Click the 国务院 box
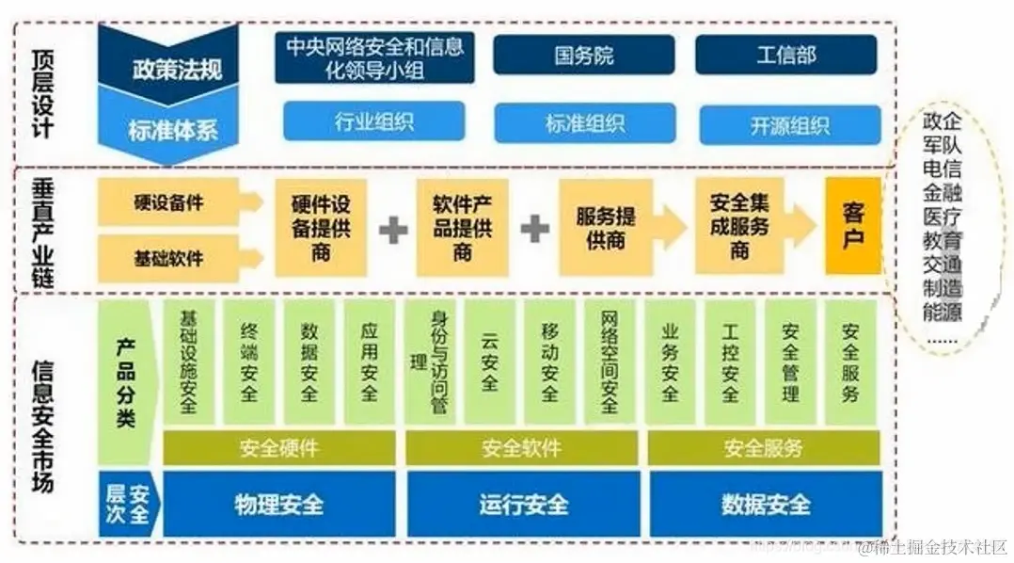[x=584, y=55]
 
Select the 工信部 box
[x=785, y=55]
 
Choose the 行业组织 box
[x=374, y=122]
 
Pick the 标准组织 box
[x=584, y=123]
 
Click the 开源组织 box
[x=789, y=125]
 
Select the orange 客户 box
[x=852, y=226]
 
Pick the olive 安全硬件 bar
[x=279, y=448]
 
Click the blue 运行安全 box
[x=523, y=504]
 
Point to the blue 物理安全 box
[x=279, y=504]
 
